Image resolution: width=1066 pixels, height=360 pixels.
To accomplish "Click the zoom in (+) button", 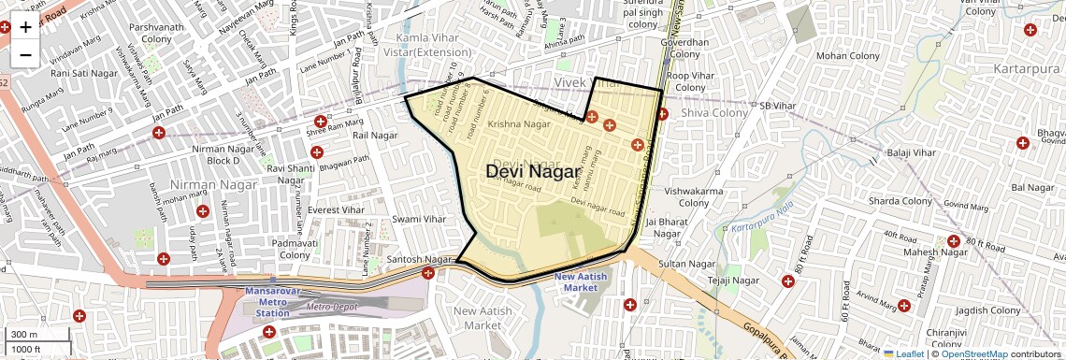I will (x=25, y=27).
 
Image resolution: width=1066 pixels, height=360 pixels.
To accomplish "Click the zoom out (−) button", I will (x=25, y=55).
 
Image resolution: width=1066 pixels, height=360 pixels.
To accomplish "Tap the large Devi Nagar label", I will (x=532, y=172).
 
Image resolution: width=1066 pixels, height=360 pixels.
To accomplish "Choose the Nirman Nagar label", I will (x=200, y=185).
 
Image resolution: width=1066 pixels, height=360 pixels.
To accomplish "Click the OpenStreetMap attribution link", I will (x=974, y=354).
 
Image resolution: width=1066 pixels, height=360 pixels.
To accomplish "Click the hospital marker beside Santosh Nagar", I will (x=428, y=273).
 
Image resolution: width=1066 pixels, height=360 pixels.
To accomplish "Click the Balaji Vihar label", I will (x=911, y=152).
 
